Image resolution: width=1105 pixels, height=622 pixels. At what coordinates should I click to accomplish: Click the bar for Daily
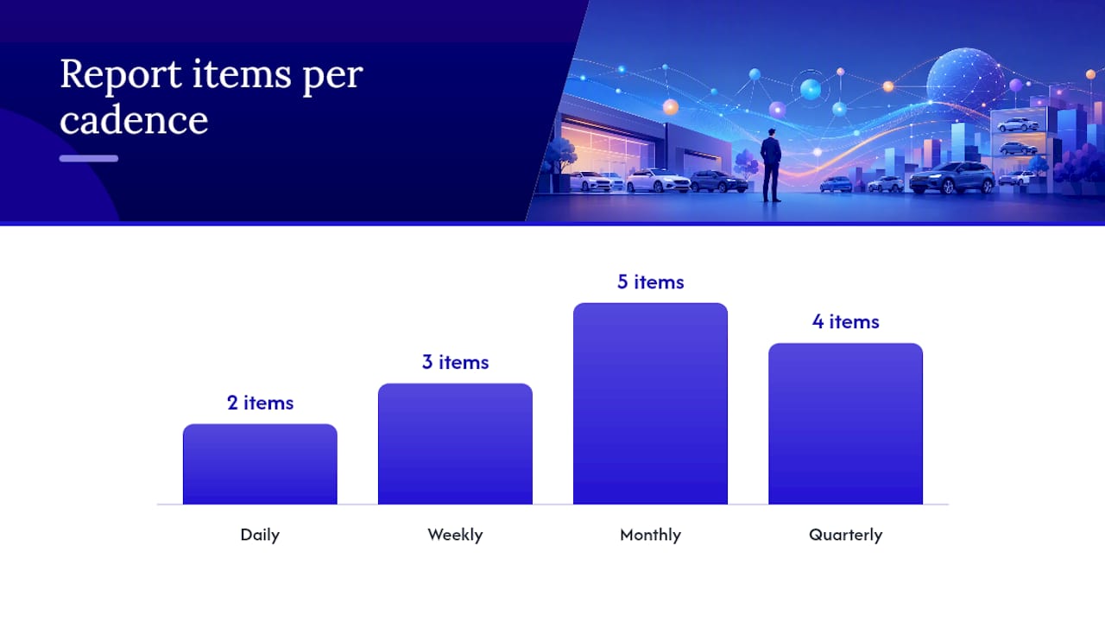[x=260, y=464]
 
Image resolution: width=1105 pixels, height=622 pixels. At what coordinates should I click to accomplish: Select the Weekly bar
[x=455, y=444]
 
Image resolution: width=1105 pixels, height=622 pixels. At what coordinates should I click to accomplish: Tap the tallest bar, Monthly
[x=650, y=403]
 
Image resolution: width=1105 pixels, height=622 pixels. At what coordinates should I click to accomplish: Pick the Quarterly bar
[x=845, y=423]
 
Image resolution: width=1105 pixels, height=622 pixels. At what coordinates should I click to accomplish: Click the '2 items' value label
[x=260, y=403]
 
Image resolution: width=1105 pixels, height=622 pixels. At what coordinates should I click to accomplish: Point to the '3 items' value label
[x=455, y=362]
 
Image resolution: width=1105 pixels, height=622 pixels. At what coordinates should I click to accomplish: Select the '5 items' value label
[x=650, y=282]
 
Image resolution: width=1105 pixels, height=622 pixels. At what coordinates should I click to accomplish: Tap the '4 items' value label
[x=845, y=322]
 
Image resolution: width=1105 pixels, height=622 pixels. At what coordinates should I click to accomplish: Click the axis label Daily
[x=260, y=535]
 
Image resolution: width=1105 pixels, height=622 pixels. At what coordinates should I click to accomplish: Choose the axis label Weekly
[x=455, y=535]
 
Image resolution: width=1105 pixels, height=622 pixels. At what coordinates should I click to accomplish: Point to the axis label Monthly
[x=650, y=535]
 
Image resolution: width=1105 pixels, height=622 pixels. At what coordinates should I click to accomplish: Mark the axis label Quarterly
[x=845, y=535]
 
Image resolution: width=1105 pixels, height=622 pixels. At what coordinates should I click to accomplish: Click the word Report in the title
[x=121, y=75]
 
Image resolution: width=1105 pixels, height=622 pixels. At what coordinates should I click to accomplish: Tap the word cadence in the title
[x=134, y=120]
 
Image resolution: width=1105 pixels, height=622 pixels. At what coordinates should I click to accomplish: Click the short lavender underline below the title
[x=89, y=158]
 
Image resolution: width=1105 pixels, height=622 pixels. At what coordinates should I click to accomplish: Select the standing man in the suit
[x=771, y=165]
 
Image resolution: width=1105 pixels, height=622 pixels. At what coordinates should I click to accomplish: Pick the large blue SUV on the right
[x=951, y=178]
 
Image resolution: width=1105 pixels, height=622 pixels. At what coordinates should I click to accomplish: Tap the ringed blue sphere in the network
[x=810, y=89]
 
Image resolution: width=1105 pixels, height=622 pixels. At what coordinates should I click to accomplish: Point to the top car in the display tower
[x=1018, y=125]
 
